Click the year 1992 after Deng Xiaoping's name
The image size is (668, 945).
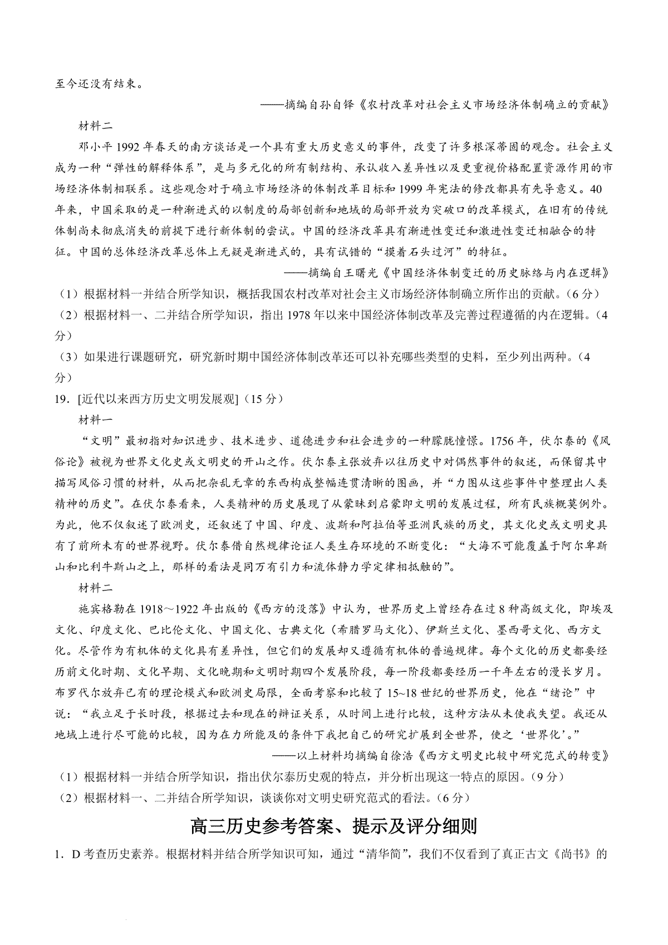coord(129,147)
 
